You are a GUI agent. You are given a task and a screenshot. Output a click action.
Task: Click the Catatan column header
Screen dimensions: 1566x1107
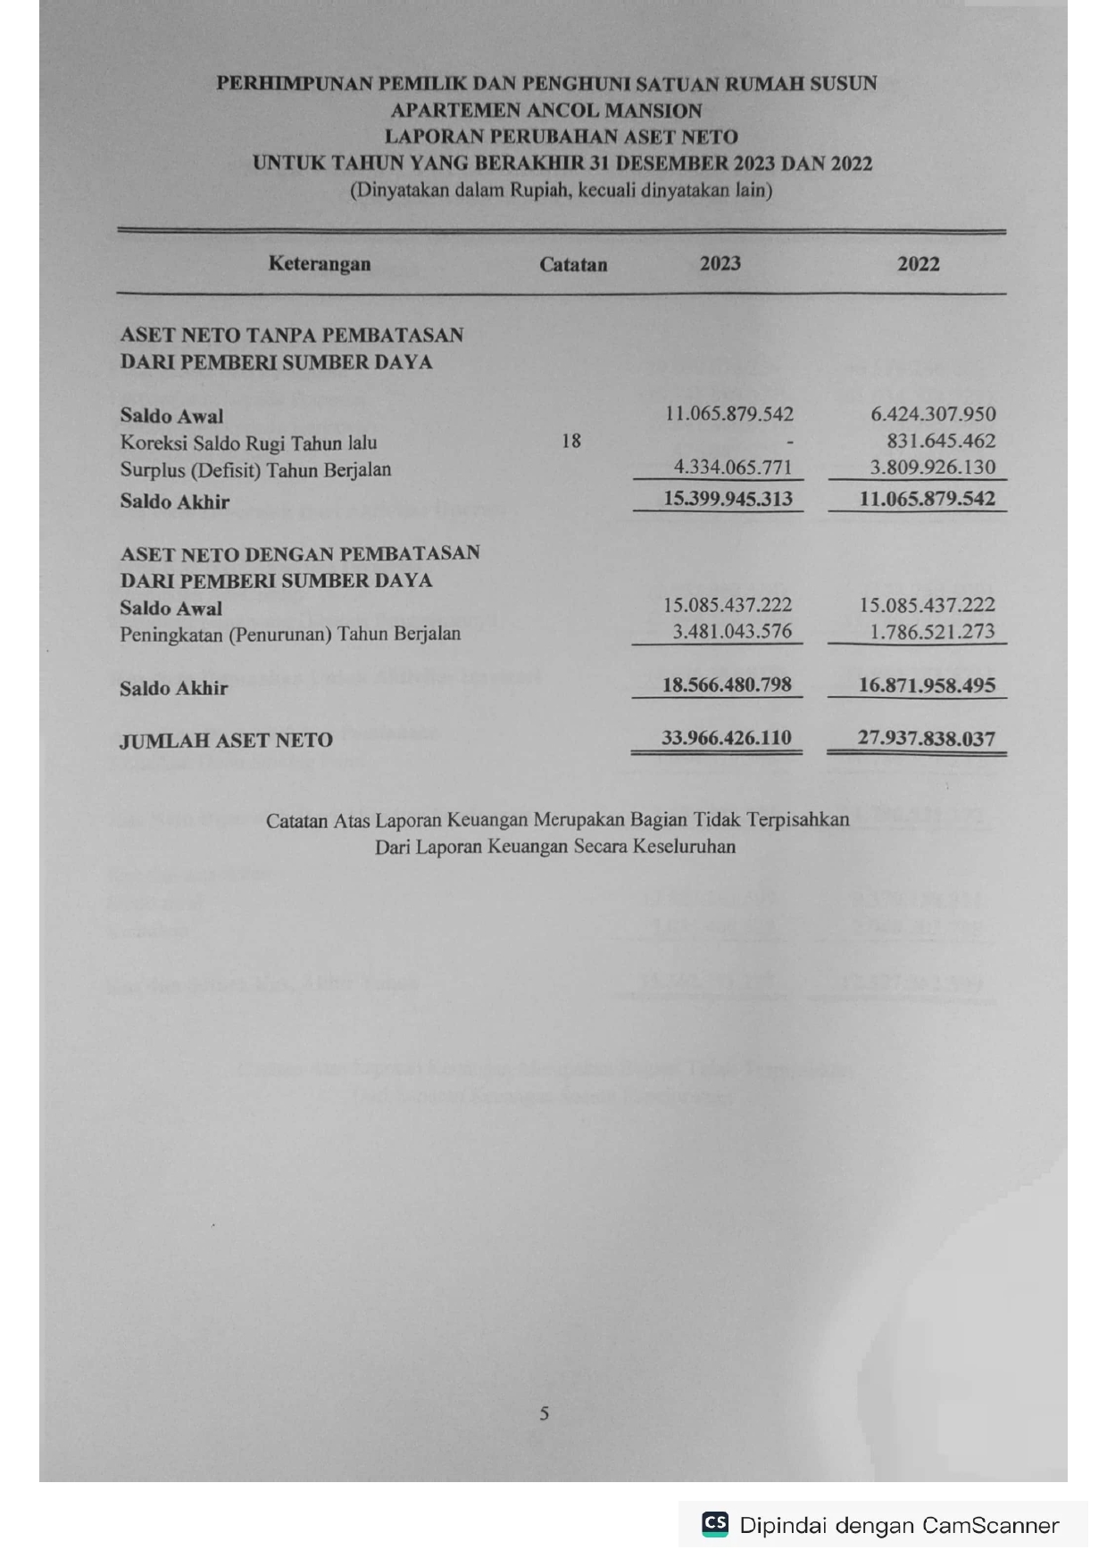(573, 265)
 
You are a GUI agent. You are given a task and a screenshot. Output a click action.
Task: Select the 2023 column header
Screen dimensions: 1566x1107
(720, 263)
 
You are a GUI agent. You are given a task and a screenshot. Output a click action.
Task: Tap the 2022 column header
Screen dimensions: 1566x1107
(918, 264)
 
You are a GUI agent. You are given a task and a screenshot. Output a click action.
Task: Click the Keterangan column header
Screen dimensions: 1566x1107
(319, 264)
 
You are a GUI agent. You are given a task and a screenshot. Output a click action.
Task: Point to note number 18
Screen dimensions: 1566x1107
(571, 441)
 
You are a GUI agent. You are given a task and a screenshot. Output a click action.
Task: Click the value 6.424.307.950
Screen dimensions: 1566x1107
(933, 414)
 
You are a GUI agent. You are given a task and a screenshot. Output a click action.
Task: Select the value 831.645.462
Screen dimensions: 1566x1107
(940, 441)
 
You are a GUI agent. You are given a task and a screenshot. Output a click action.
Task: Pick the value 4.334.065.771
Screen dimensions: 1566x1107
(732, 467)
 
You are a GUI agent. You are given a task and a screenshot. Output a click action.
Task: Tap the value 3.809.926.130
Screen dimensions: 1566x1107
(933, 467)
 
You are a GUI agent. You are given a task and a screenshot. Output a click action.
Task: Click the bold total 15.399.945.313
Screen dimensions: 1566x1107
(728, 499)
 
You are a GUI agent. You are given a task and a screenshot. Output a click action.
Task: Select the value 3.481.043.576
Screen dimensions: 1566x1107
(732, 632)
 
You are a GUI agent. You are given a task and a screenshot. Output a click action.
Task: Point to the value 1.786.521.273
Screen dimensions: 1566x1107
(933, 632)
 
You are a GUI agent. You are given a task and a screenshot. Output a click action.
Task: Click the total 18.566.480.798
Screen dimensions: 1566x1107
(727, 685)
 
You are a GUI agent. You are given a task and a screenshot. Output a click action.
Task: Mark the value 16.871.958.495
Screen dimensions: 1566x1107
(927, 685)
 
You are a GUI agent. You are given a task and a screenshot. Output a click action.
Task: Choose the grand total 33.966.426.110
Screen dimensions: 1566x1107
(726, 738)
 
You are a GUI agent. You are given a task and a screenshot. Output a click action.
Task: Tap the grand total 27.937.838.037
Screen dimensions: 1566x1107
(926, 738)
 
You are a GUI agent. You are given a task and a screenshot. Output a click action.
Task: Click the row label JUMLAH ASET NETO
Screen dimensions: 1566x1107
(226, 740)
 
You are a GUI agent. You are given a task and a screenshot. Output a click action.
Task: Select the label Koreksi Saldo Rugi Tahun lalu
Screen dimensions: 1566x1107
(248, 443)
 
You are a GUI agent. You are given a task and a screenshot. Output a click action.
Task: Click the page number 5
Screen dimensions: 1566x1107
(545, 1413)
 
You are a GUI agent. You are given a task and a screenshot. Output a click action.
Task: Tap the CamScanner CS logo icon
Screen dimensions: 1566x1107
(715, 1523)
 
